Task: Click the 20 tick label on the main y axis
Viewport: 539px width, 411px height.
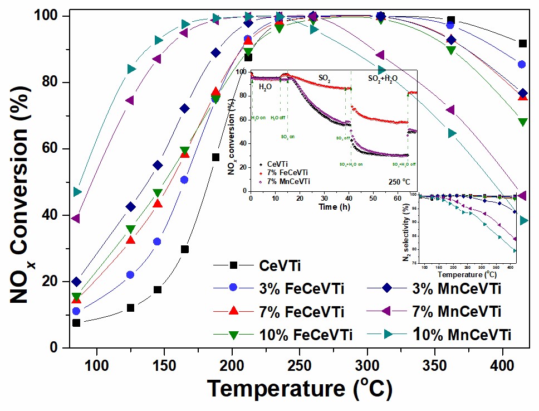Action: click(48, 282)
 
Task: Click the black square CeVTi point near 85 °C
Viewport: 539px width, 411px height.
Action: click(76, 323)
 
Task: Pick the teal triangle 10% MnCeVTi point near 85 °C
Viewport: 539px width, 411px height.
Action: click(77, 192)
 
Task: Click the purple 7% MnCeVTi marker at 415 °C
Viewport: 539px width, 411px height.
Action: click(522, 195)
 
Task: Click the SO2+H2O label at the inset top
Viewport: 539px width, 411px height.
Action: click(382, 79)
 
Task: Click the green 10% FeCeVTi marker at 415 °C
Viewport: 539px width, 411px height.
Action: click(522, 122)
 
